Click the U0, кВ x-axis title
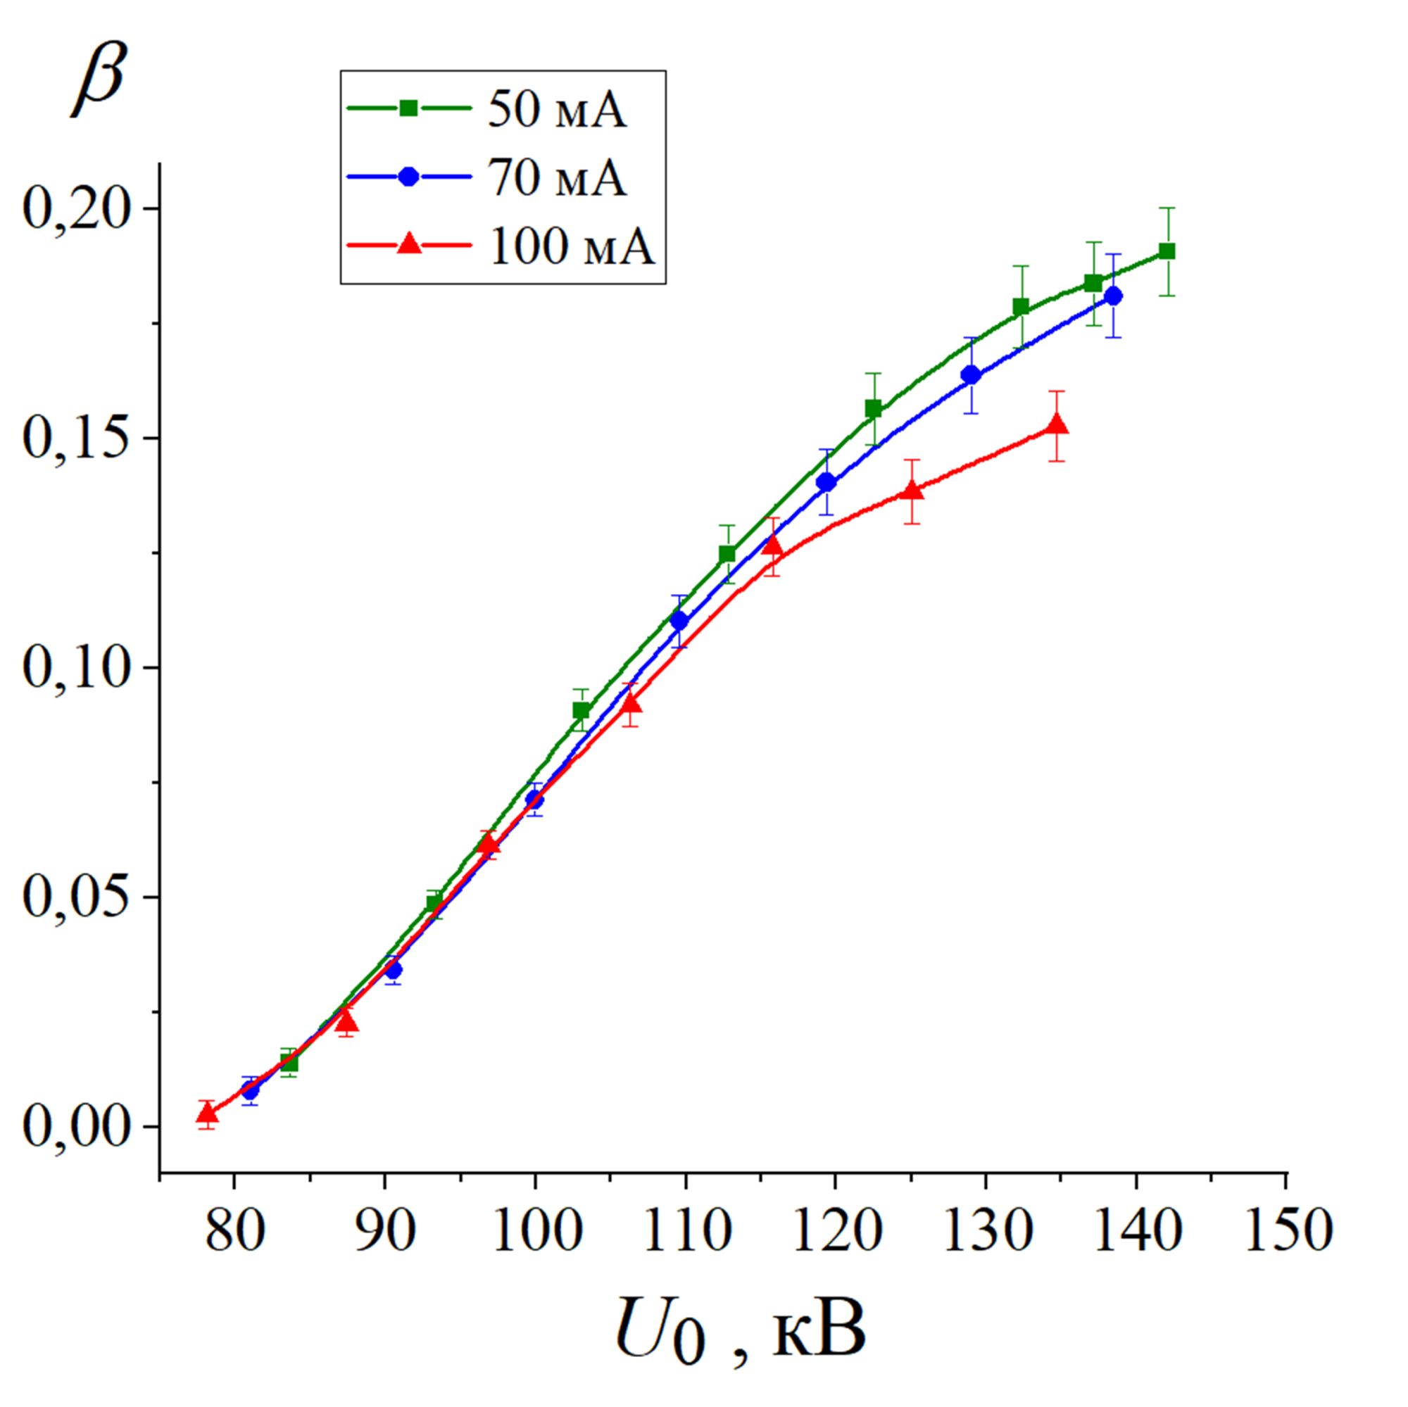[x=741, y=1318]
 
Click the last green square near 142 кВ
[x=1167, y=251]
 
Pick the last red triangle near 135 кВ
[x=1057, y=426]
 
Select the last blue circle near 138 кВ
[x=1113, y=296]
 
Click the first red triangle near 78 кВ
[x=208, y=1113]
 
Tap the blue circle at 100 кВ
[x=535, y=800]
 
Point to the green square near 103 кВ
[x=581, y=710]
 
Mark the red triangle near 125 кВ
[x=912, y=491]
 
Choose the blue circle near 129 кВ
[x=971, y=375]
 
